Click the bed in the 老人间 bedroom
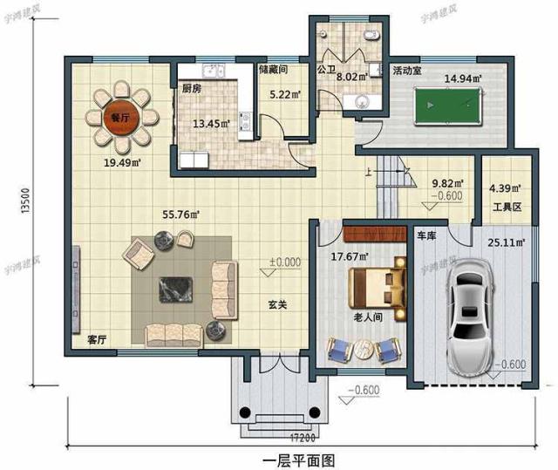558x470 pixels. (377, 288)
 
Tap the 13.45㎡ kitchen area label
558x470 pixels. (212, 123)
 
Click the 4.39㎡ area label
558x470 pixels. (504, 187)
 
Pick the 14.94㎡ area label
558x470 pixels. (461, 78)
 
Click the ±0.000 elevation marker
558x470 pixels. (285, 262)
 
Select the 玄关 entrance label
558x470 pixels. (278, 305)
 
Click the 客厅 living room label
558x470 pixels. (97, 340)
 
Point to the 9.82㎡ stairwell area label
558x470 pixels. (448, 184)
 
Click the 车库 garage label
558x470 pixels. (426, 236)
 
